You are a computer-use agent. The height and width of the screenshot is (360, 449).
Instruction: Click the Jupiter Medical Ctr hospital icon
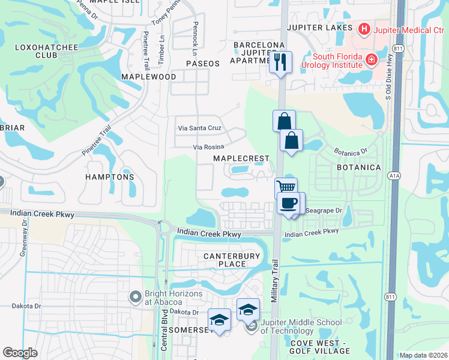click(x=364, y=28)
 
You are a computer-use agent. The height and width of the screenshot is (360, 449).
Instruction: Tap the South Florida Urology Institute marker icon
click(x=372, y=59)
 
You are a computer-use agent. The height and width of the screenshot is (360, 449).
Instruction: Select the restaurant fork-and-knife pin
click(x=280, y=61)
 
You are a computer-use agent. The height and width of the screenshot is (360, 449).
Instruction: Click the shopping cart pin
click(x=286, y=188)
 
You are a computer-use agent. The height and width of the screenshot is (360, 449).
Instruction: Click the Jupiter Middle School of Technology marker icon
click(x=252, y=326)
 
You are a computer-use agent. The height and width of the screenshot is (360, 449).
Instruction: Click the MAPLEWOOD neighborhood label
click(x=149, y=77)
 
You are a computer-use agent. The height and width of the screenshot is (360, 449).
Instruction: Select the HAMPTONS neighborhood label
click(x=109, y=177)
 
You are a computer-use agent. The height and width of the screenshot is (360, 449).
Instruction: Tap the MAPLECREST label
click(x=241, y=158)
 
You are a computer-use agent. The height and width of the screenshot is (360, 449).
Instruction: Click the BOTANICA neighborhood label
click(x=359, y=167)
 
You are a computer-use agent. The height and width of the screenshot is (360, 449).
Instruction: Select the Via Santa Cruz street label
click(x=200, y=128)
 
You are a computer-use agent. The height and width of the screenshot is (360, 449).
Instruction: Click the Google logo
click(x=20, y=353)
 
